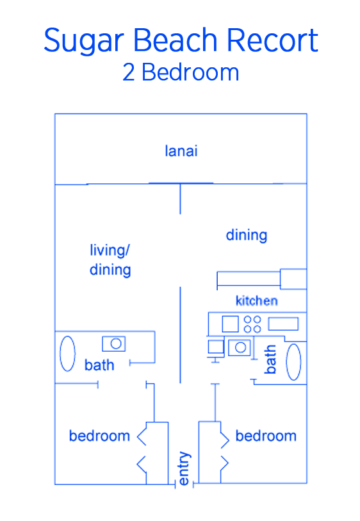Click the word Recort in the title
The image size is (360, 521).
coord(272,40)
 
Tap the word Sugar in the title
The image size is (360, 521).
coord(84,41)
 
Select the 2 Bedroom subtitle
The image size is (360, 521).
coord(181,72)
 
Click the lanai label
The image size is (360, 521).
coord(181,151)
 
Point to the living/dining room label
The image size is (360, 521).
coord(110,260)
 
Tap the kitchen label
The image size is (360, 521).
coord(257,301)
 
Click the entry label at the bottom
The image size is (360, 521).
coord(184,468)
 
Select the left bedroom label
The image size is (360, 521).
coord(99,436)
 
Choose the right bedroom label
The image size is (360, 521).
coord(266,436)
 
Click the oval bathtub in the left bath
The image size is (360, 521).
coord(67,354)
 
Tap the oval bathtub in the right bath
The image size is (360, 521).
coord(293,362)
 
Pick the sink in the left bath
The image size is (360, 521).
coord(113,343)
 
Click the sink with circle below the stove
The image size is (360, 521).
coord(240,347)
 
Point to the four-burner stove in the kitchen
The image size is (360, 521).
coord(252,324)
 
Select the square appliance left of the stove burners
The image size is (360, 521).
coord(230,324)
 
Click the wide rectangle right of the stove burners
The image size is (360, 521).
coord(283,324)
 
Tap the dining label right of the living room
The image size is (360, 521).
coord(247,236)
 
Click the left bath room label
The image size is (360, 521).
coord(99,365)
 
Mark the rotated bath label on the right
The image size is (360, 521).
coord(270,359)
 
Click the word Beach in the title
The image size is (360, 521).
coord(176,40)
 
